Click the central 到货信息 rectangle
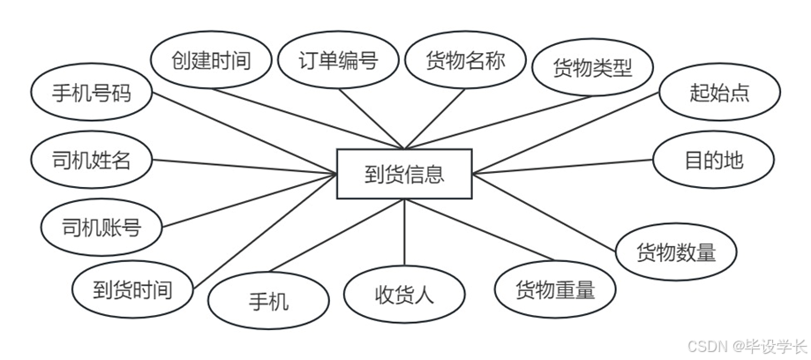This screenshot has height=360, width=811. click(404, 174)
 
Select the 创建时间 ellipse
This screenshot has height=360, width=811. click(211, 61)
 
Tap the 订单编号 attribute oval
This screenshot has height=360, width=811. click(338, 61)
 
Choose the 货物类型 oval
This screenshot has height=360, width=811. click(593, 67)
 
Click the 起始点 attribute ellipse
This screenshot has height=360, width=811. click(719, 92)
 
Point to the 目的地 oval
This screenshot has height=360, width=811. click(714, 161)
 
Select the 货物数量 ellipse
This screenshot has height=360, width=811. click(676, 251)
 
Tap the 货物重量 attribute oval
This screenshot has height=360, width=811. click(555, 289)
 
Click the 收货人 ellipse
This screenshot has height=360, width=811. click(404, 294)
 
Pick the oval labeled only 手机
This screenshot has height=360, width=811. click(268, 301)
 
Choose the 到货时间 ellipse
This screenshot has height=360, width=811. click(132, 289)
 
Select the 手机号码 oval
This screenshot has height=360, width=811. click(91, 92)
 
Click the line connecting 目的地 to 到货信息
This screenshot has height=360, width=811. click(565, 166)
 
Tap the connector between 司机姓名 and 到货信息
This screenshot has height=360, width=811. click(247, 168)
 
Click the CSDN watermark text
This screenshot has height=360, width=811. click(749, 346)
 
